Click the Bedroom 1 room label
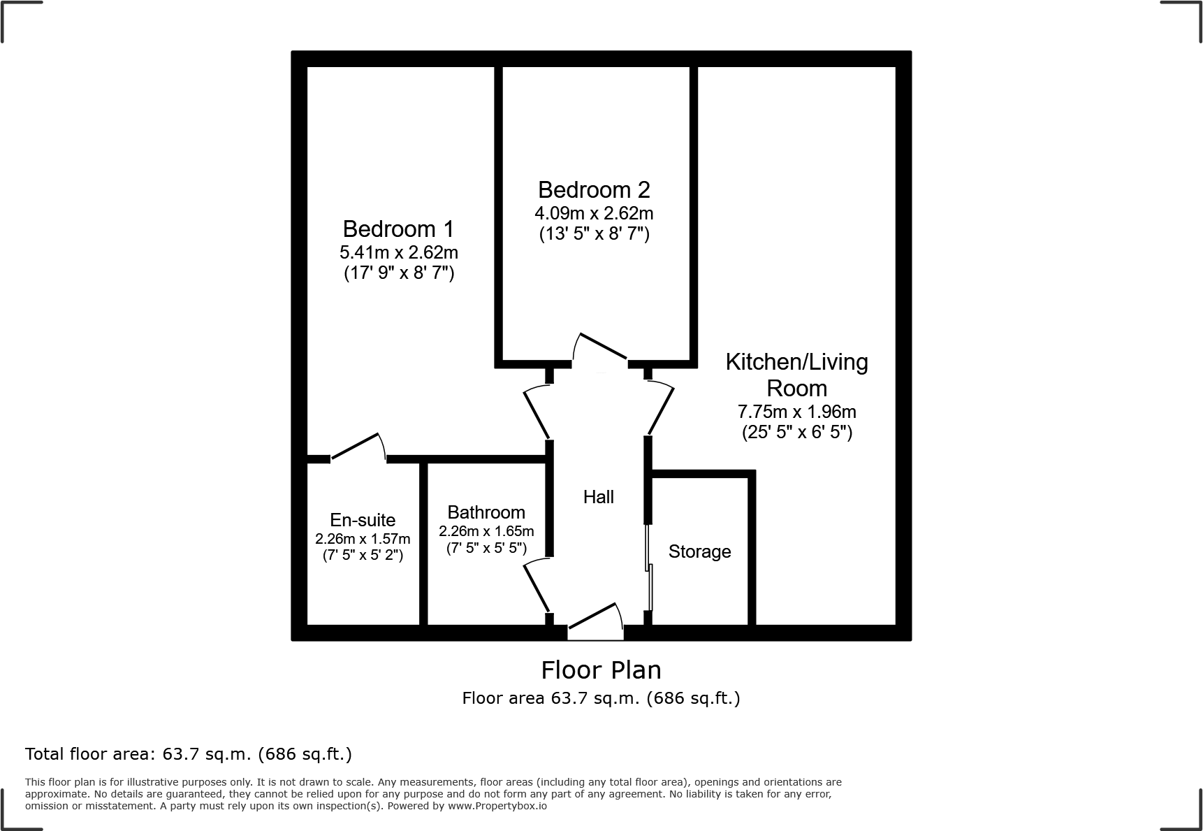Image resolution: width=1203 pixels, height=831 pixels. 398,229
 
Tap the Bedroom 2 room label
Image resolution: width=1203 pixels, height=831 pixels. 594,190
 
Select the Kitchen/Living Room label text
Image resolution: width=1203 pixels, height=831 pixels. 796,375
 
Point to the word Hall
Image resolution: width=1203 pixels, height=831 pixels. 599,497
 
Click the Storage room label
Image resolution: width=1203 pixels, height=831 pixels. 699,551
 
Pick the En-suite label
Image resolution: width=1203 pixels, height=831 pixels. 363,520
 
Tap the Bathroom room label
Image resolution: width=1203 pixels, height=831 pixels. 486,512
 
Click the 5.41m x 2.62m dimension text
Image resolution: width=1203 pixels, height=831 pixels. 399,252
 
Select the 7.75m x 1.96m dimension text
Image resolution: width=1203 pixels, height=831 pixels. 796,412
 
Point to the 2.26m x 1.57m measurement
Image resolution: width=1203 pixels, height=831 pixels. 363,539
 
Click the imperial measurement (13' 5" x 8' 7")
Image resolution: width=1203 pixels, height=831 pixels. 594,234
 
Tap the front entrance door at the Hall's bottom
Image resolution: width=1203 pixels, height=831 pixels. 595,621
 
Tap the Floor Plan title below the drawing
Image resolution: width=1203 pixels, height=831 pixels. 601,670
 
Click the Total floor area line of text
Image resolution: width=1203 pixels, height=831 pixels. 189,754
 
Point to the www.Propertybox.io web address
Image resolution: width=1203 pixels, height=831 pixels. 497,806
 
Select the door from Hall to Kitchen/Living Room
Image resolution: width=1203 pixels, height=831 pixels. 659,409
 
